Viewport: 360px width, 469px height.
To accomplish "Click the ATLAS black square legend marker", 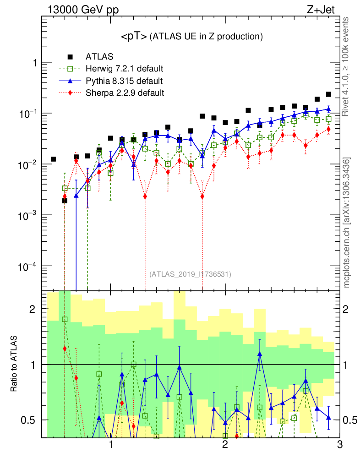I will [x=70, y=57].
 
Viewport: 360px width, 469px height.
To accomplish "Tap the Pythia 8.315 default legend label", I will [x=124, y=81].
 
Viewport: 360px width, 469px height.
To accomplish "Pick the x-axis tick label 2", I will [x=225, y=445].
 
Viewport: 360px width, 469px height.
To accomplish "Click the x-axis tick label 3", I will [x=339, y=445].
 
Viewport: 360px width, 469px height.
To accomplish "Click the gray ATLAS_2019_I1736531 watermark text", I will [x=190, y=274].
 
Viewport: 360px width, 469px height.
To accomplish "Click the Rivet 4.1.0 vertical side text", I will [x=347, y=71].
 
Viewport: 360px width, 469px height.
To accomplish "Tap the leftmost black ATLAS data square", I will [x=53, y=159].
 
